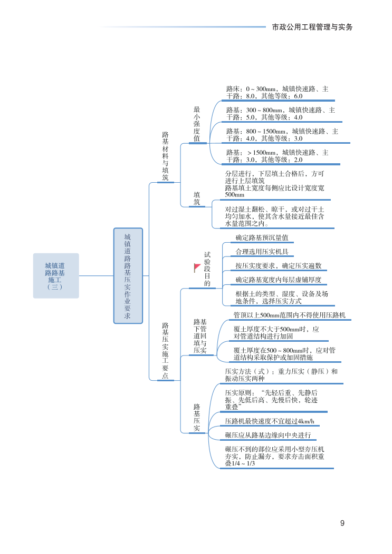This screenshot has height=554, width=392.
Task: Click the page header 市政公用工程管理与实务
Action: point(312,27)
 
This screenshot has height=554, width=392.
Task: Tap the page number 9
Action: point(342,523)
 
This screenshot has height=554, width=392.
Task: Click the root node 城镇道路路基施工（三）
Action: point(55,276)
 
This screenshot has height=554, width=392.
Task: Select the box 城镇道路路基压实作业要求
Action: point(128,275)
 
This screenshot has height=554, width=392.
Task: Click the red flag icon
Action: point(197,268)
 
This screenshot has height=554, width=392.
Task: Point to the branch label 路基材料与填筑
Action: point(165,156)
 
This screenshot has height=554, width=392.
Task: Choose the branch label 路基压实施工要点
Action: point(165,350)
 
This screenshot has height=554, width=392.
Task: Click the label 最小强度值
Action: point(197,124)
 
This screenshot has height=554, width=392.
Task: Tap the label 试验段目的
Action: point(207,269)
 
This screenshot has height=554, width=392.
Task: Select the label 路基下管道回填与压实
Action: point(200,336)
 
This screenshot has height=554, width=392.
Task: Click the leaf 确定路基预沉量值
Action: point(262,238)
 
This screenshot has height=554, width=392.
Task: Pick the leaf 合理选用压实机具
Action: point(262,252)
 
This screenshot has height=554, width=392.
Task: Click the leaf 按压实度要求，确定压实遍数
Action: point(279,266)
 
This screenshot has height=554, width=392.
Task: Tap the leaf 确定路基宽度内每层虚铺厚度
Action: point(279,280)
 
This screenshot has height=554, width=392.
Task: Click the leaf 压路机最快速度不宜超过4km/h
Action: point(273,421)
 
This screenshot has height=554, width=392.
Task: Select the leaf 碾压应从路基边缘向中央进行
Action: point(268,435)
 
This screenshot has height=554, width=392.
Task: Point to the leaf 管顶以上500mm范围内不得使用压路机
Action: point(290,315)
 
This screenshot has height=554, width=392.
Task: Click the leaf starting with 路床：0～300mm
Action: point(277,93)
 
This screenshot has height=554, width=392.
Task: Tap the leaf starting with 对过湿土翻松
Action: point(274,216)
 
